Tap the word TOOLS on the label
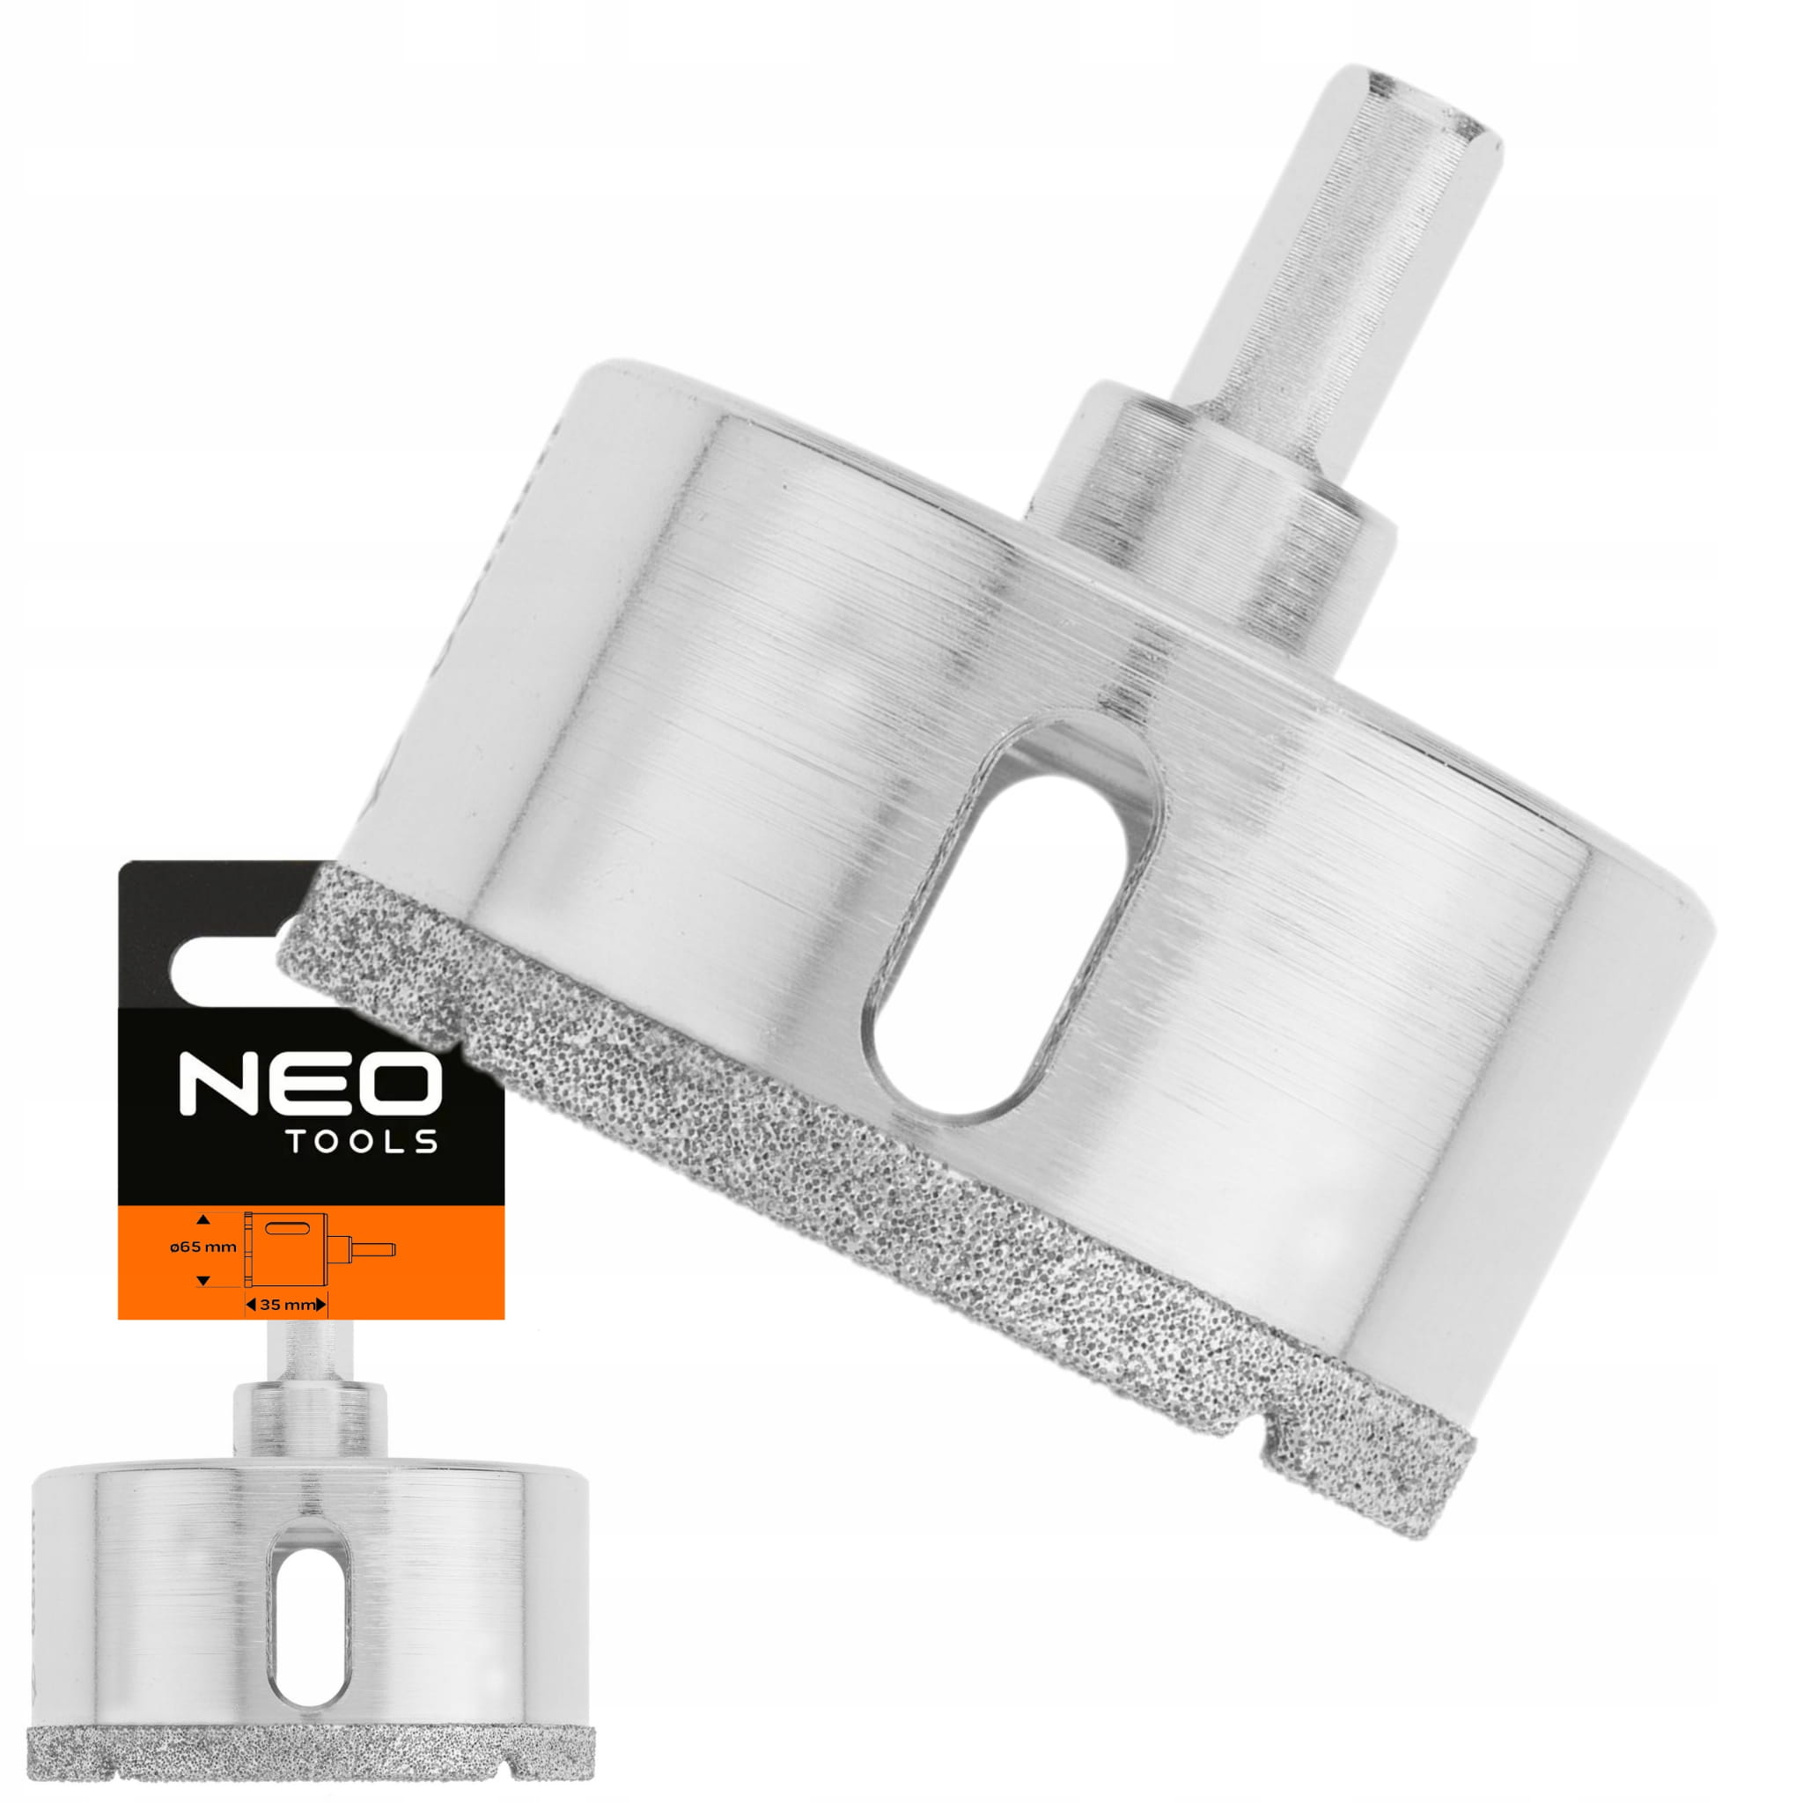click(x=362, y=1142)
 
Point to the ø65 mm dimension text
click(x=202, y=1247)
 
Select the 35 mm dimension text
click(x=286, y=1306)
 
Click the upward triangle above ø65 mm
click(x=203, y=1219)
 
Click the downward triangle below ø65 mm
click(x=203, y=1279)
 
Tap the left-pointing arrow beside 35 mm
click(x=251, y=1305)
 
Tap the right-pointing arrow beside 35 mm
click(x=322, y=1305)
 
